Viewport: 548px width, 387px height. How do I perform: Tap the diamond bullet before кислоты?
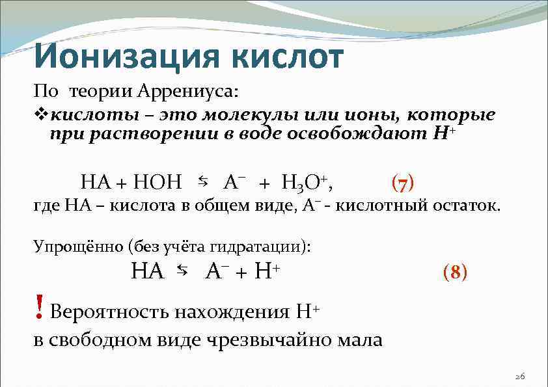tap(41, 116)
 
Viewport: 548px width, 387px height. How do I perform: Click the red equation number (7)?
tap(403, 183)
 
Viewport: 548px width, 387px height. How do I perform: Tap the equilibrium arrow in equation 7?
tap(202, 180)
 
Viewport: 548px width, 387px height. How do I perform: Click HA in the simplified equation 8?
tap(147, 271)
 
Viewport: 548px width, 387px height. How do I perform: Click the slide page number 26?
tap(519, 376)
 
